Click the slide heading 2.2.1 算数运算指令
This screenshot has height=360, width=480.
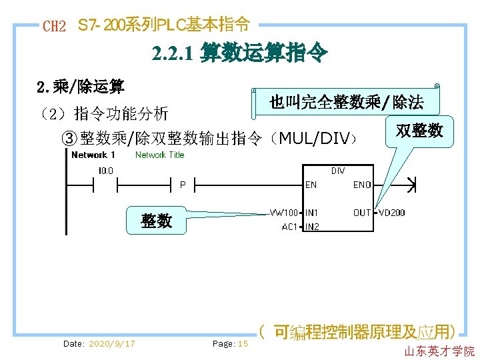tap(239, 53)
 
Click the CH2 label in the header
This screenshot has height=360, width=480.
tap(54, 27)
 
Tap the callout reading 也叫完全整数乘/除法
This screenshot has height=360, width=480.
tap(346, 102)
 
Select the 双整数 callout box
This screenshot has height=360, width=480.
tap(419, 131)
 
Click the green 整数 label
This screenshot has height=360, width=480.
tap(156, 221)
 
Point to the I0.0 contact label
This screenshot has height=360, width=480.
tap(105, 171)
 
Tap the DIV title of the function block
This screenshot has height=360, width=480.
tap(338, 171)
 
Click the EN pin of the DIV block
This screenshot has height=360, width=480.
tap(311, 185)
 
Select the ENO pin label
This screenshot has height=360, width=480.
tap(362, 185)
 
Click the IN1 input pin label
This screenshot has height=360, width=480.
tap(312, 213)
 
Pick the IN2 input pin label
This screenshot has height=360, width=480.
tap(312, 227)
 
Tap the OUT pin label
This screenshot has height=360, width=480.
tap(362, 213)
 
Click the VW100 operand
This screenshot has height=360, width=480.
tap(283, 213)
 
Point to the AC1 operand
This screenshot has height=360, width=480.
tap(289, 227)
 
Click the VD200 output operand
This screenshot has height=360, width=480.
tap(392, 213)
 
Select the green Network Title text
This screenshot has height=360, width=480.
tap(159, 155)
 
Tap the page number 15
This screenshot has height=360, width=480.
tap(243, 344)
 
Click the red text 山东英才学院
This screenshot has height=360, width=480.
tap(439, 351)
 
